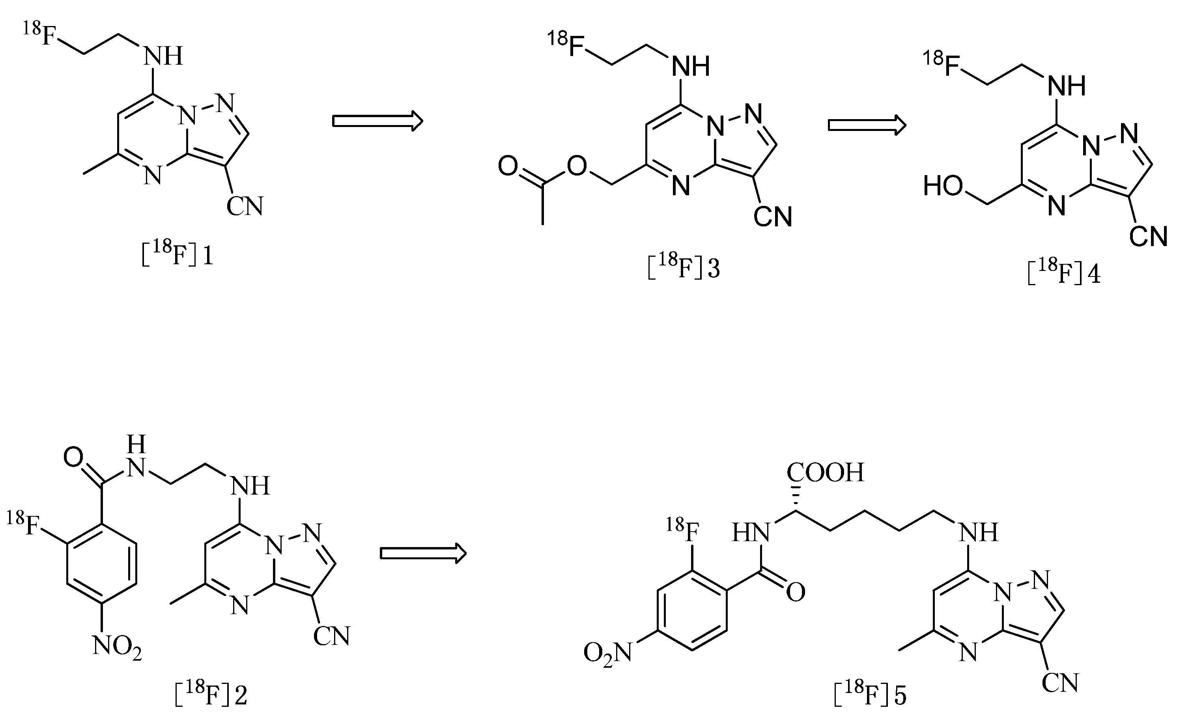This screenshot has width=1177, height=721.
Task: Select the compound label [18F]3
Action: click(x=684, y=266)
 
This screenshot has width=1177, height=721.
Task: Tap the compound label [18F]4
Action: click(x=1064, y=273)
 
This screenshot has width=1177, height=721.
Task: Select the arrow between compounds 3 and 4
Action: click(x=867, y=125)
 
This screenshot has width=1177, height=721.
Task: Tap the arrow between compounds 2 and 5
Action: click(x=423, y=553)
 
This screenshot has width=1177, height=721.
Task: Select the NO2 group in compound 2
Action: click(x=117, y=647)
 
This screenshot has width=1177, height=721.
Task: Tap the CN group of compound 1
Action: click(x=245, y=206)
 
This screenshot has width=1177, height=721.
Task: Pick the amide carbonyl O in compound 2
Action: click(x=73, y=458)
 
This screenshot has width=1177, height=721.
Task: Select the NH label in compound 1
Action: click(x=164, y=56)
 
